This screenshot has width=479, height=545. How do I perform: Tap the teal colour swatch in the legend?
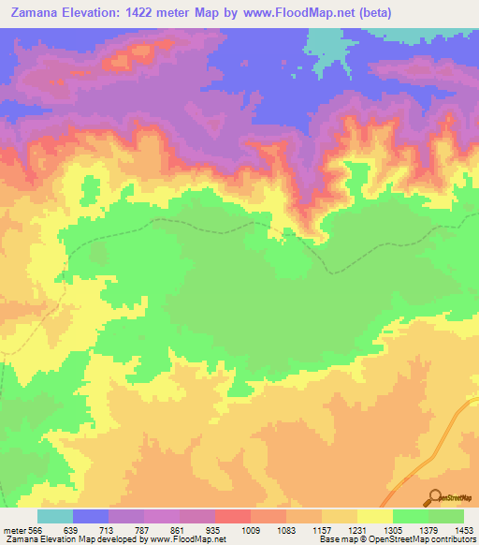(55, 516)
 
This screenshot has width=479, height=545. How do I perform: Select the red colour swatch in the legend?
(233, 516)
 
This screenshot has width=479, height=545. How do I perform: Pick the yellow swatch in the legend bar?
(375, 516)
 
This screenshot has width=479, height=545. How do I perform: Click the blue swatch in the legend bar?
(91, 516)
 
